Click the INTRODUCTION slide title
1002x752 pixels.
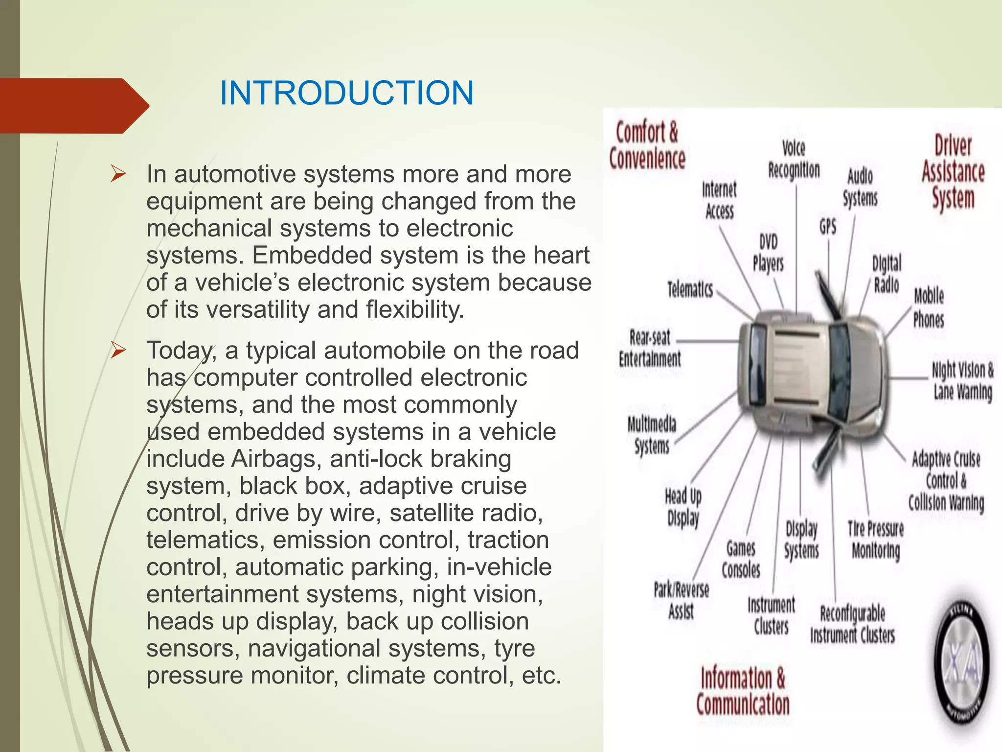[x=346, y=93]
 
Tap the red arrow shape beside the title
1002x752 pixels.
[x=73, y=105]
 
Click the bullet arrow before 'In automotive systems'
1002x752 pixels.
[x=118, y=174]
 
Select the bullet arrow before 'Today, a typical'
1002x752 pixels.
[x=118, y=350]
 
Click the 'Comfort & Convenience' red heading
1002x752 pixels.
[x=647, y=145]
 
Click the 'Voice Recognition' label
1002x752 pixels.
[x=794, y=159]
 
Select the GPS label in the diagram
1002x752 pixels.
[x=828, y=227]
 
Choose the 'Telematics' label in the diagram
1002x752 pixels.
[x=690, y=289]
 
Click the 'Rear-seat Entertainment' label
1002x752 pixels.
[x=650, y=348]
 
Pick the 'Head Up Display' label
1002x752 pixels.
[x=683, y=507]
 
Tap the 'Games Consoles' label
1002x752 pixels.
[x=741, y=559]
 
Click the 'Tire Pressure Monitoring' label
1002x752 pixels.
[x=876, y=540]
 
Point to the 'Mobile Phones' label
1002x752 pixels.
[x=929, y=307]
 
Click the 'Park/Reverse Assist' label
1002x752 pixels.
[x=682, y=600]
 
